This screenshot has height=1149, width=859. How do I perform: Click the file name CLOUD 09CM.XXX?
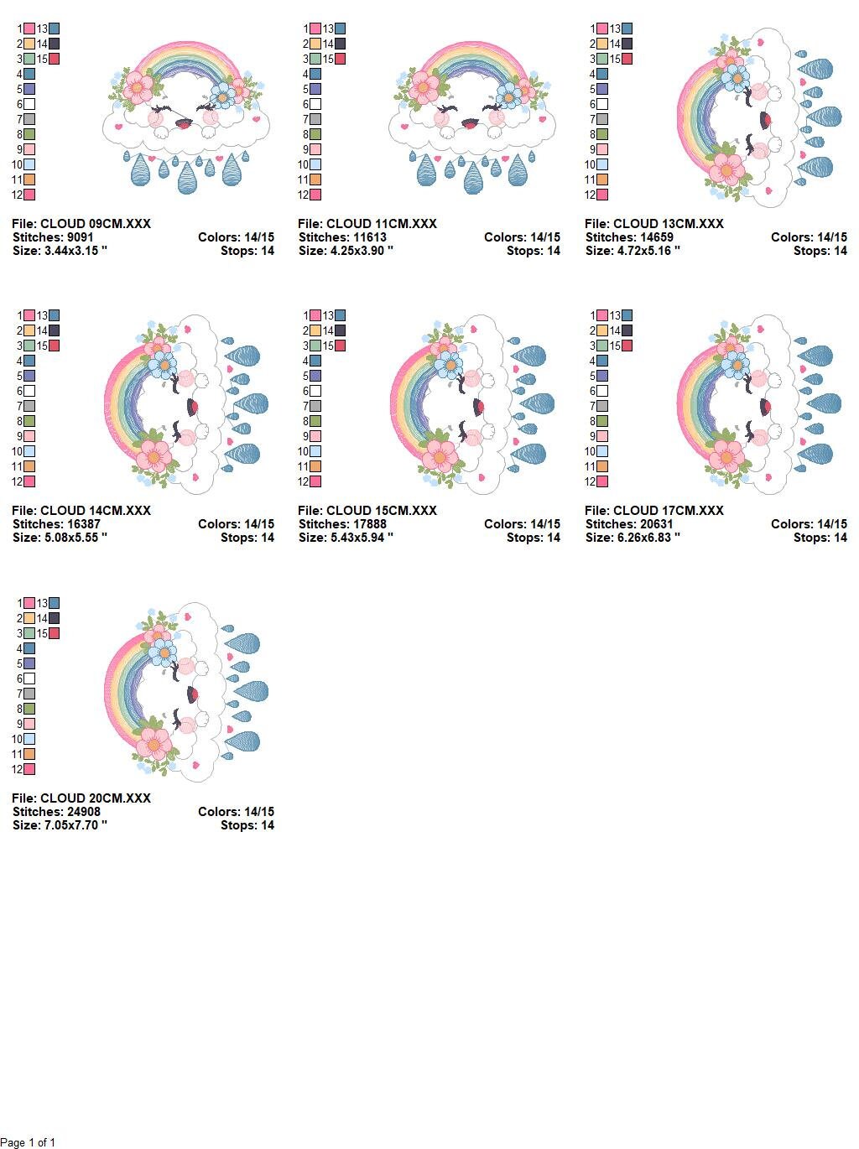click(96, 224)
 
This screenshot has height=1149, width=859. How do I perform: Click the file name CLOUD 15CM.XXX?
click(381, 511)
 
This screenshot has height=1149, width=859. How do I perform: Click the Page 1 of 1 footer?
click(28, 1142)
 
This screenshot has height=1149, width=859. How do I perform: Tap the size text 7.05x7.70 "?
click(75, 825)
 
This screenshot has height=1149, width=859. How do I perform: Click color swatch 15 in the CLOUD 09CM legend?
click(54, 60)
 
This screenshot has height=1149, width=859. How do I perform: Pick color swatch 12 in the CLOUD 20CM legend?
click(29, 769)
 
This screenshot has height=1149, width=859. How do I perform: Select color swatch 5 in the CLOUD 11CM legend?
click(315, 89)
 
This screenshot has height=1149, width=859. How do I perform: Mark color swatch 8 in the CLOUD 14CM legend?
click(29, 421)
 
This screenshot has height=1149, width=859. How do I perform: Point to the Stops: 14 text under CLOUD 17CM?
click(820, 538)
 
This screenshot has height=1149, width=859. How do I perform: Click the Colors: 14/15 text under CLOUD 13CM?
click(809, 237)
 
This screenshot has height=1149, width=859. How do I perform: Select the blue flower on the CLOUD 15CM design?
click(449, 365)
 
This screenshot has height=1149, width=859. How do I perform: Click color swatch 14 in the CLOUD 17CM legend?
click(627, 330)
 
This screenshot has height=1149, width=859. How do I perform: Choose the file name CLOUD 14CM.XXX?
click(96, 511)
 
